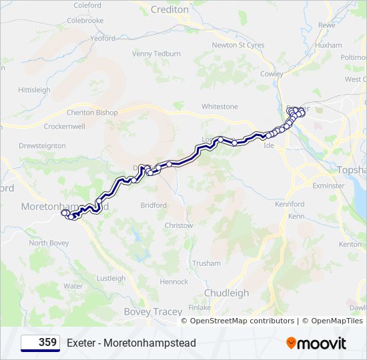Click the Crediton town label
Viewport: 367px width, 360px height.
(169, 10)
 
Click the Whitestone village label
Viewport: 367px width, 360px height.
(220, 107)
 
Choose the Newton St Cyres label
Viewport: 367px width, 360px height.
(238, 45)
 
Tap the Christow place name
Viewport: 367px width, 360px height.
(179, 226)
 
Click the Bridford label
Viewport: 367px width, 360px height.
(153, 205)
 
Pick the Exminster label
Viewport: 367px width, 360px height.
(328, 185)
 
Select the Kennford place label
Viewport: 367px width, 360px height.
(290, 204)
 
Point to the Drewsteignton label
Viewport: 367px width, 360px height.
(42, 145)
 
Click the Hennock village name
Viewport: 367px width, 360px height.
(174, 282)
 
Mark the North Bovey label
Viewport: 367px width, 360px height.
(49, 243)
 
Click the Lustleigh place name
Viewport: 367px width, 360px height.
(111, 279)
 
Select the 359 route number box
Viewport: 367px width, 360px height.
(40, 343)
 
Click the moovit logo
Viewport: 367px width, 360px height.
(316, 343)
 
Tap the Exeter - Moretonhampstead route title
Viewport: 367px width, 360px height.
(131, 343)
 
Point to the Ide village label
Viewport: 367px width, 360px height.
(270, 145)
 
